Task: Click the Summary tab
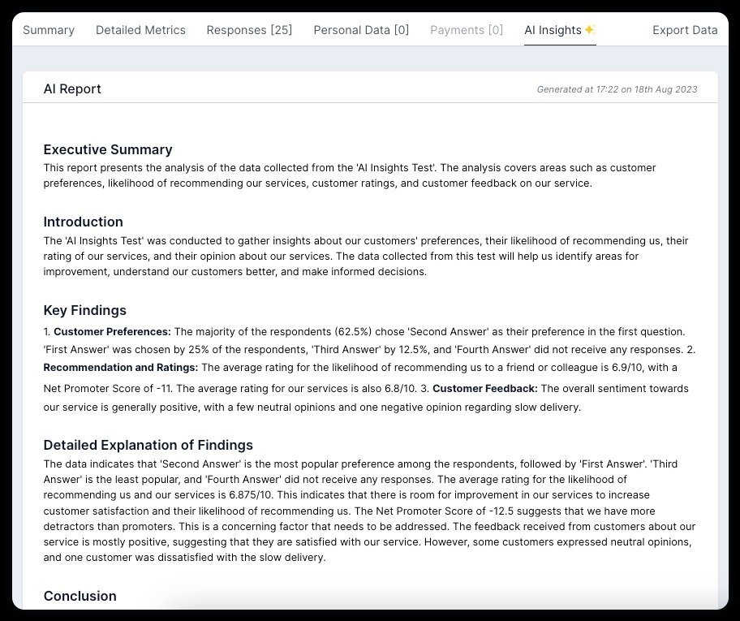tap(49, 30)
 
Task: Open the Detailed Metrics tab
tap(140, 30)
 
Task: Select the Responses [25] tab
tap(249, 30)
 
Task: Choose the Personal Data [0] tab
tap(361, 30)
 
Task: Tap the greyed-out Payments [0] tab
tap(467, 30)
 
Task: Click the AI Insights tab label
tap(553, 30)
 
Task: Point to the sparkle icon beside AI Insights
tap(590, 30)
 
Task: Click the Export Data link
tap(685, 30)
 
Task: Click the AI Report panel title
tap(72, 89)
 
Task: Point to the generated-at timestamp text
tap(617, 89)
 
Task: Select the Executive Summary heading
tap(108, 149)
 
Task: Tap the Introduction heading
tap(84, 222)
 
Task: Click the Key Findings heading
tap(85, 310)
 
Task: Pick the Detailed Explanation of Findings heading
tap(148, 445)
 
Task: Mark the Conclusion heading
tap(80, 596)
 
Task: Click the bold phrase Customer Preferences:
tap(112, 331)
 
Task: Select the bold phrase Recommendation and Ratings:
tap(121, 368)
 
